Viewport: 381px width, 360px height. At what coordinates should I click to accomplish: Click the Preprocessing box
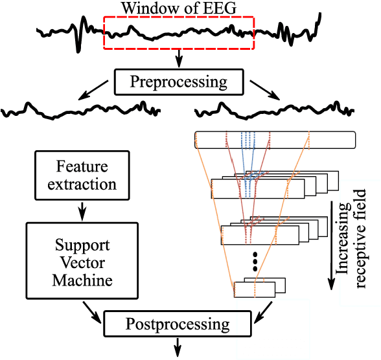point(179,82)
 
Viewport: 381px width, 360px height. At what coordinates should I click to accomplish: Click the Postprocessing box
point(177,322)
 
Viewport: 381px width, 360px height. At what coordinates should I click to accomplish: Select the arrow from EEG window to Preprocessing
point(178,61)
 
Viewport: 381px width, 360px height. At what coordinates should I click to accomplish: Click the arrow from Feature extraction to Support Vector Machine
point(82,210)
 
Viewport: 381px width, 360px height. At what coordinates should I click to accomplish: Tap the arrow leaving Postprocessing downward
point(177,348)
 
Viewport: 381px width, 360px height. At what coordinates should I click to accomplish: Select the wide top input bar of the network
point(275,139)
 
